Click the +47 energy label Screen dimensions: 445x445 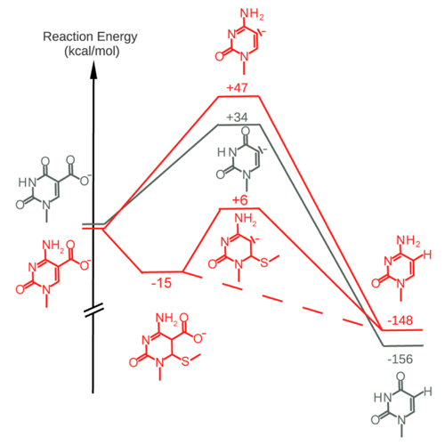(x=237, y=88)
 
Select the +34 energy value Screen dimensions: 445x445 (x=237, y=117)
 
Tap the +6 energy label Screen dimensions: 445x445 (x=239, y=200)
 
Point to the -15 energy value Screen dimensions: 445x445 (x=161, y=283)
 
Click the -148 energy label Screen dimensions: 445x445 (x=400, y=320)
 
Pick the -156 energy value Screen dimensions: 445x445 (x=400, y=360)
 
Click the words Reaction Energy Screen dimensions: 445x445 (x=90, y=36)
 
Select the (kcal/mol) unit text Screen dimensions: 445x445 (x=92, y=52)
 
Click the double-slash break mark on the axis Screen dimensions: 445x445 (x=93, y=310)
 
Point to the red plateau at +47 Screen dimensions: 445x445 (x=239, y=96)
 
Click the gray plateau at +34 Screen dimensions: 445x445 (x=239, y=125)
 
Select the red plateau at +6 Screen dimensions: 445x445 (x=239, y=208)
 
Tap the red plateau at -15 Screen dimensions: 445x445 (x=162, y=271)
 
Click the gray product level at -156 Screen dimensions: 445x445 (x=403, y=345)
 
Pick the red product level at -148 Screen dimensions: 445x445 (x=402, y=330)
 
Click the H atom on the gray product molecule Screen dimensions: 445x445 (x=427, y=392)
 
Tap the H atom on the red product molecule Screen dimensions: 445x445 (x=427, y=255)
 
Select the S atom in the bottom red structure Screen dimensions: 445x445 (x=185, y=361)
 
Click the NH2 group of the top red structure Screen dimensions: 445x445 (x=252, y=13)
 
